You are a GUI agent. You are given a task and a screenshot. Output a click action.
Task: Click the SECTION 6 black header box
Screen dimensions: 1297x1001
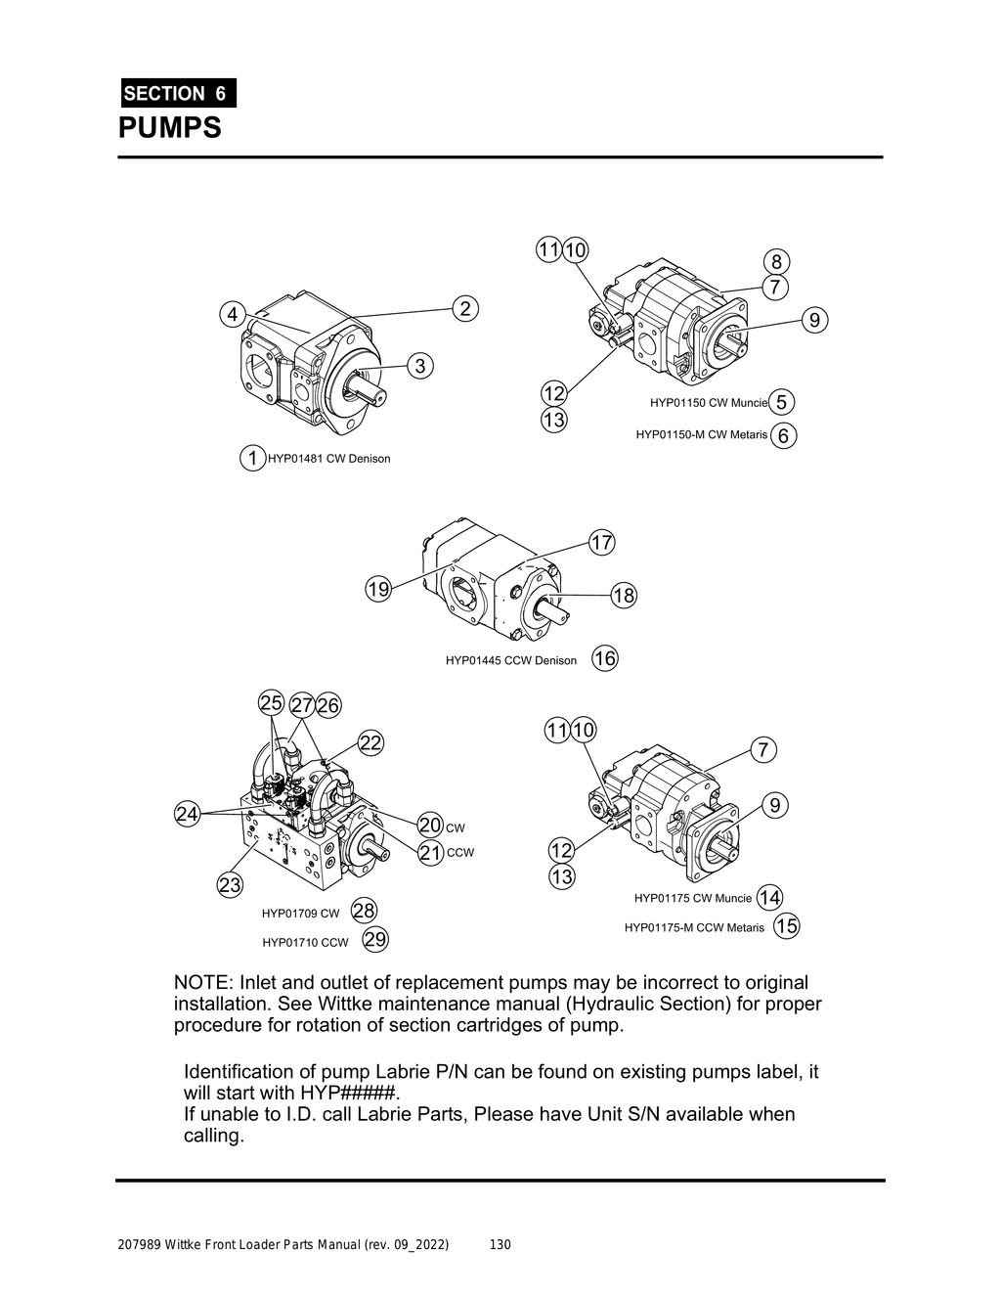pos(176,93)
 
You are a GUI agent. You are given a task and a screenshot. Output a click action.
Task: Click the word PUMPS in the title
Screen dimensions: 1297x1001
pos(170,128)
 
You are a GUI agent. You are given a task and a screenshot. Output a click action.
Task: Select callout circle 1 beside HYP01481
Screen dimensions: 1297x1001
pos(252,458)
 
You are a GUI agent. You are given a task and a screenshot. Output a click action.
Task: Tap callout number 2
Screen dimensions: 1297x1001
pos(465,308)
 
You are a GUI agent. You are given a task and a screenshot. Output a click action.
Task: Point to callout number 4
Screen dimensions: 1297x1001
pos(233,315)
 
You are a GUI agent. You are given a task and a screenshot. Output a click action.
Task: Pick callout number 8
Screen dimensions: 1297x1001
pos(776,261)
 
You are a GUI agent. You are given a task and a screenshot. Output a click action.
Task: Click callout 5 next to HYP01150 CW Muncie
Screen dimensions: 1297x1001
pos(781,402)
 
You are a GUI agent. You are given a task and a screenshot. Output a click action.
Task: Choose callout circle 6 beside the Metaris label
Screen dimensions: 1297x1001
pos(783,435)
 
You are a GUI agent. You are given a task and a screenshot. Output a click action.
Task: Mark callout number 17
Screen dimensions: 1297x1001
pos(601,542)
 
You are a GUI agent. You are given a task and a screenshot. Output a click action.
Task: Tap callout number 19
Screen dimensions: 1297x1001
pos(378,589)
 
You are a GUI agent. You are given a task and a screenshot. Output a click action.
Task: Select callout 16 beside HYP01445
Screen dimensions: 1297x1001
pos(605,659)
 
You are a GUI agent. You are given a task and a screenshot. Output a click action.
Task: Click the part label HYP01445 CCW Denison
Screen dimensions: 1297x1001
pos(510,660)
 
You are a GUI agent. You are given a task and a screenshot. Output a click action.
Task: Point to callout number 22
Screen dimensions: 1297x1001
pos(370,742)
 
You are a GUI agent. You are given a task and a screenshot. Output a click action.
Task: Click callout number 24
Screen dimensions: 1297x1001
pos(188,813)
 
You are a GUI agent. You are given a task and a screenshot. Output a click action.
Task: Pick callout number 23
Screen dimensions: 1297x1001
pos(230,885)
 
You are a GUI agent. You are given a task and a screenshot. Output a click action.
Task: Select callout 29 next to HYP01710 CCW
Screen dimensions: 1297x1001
pos(375,941)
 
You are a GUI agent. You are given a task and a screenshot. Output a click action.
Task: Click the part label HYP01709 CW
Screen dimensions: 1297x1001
pos(300,914)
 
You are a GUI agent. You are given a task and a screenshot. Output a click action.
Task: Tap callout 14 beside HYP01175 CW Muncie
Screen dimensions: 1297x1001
pos(769,897)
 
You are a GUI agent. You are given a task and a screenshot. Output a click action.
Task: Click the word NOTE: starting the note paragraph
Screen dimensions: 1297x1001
pos(203,982)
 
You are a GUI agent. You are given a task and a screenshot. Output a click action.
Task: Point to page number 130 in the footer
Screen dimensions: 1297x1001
pos(500,1245)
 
